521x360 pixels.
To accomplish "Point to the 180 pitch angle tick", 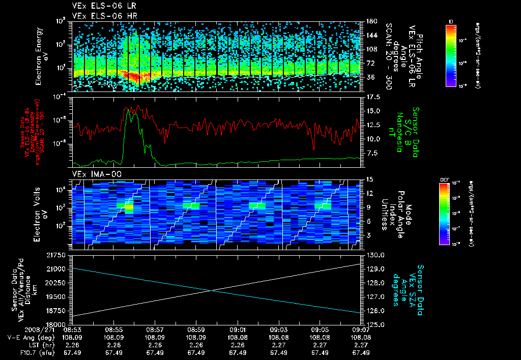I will point(370,21).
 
